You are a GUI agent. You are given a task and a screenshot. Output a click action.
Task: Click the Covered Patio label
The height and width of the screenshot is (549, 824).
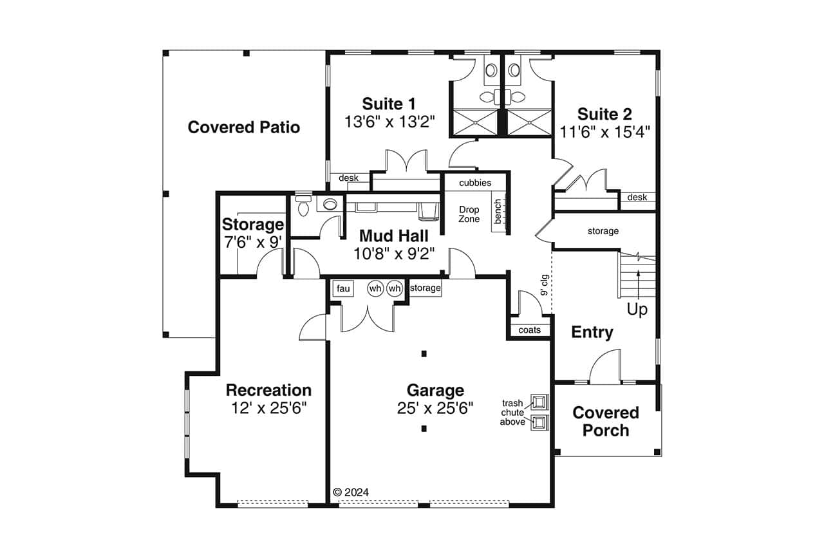(x=243, y=127)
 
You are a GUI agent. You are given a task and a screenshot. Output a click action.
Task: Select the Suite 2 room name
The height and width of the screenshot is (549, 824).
(x=604, y=115)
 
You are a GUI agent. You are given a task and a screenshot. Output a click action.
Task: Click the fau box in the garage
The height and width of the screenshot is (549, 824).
(x=343, y=289)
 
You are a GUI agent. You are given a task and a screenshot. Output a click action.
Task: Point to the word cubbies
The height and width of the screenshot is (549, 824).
(x=475, y=183)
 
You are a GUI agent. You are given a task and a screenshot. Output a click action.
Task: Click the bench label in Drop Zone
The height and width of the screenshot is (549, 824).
(x=498, y=212)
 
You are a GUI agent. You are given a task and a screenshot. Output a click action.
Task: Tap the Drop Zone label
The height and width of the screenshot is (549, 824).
(x=469, y=214)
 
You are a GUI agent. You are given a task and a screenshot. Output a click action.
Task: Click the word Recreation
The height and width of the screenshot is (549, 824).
(x=268, y=390)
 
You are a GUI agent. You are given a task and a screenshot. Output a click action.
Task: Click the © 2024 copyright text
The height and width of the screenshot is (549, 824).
(x=351, y=492)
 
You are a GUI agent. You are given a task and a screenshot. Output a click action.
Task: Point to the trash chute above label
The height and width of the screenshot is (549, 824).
(x=512, y=413)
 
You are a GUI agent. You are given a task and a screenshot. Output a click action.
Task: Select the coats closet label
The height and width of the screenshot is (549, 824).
(x=530, y=330)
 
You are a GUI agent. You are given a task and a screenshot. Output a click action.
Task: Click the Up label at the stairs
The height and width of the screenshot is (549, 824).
(x=637, y=310)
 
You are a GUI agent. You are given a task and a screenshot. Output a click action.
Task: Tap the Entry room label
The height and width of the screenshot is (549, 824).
(x=592, y=333)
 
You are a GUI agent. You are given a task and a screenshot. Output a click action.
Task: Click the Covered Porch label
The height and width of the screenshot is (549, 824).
(x=605, y=421)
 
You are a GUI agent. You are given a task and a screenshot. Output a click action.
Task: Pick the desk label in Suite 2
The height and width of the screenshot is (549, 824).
(x=637, y=198)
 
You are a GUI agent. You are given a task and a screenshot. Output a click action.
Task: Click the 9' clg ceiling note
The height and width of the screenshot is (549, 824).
(x=544, y=284)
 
